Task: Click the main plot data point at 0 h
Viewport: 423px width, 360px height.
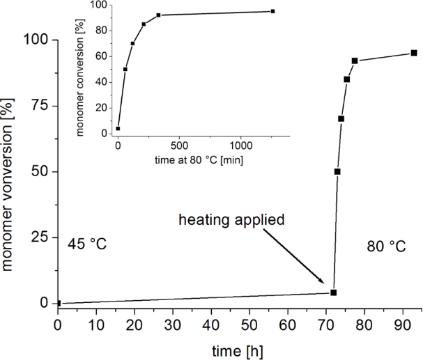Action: (58, 303)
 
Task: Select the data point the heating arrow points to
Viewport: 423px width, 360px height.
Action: (333, 292)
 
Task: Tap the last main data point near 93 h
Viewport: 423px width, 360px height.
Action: (413, 53)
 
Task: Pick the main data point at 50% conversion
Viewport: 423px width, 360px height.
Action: (337, 171)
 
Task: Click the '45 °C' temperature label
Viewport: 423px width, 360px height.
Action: (87, 244)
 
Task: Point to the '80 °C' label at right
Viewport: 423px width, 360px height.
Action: (385, 246)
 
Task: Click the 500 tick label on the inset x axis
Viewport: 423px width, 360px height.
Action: (179, 146)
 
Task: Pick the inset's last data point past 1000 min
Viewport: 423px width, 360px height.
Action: (272, 11)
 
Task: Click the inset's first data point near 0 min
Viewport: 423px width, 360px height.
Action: (118, 129)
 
